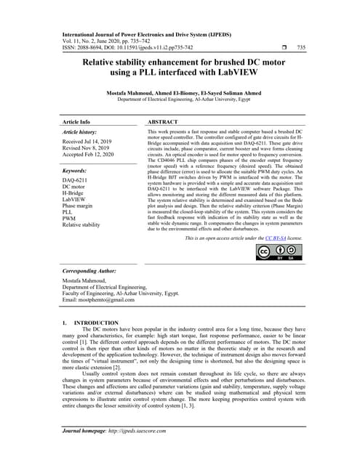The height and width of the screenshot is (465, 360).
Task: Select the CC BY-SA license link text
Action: click(273, 238)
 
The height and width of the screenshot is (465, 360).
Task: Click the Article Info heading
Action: click(76, 122)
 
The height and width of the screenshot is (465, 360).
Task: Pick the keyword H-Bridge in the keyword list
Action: click(76, 195)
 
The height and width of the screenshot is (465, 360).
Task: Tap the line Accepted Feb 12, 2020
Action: click(93, 156)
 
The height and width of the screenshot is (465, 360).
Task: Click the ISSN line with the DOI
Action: click(127, 47)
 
